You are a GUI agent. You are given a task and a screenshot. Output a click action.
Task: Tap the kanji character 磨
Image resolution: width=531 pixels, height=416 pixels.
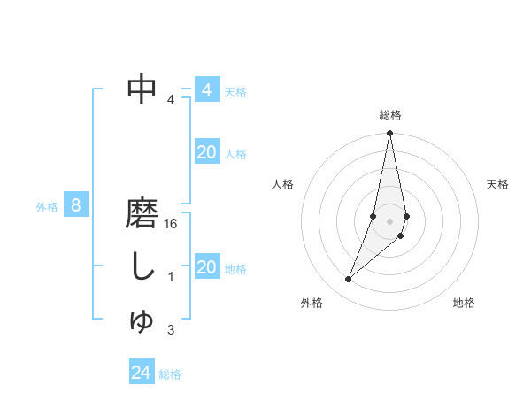click(142, 214)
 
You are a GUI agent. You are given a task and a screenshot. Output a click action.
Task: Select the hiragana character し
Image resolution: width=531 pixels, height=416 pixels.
click(142, 266)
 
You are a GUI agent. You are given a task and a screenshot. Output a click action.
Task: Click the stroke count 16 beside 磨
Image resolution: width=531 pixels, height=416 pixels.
click(172, 226)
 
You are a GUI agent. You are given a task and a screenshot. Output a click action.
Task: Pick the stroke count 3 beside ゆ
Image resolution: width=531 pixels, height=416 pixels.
click(171, 330)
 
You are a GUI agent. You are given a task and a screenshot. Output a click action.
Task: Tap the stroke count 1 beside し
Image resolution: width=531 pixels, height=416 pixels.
click(171, 277)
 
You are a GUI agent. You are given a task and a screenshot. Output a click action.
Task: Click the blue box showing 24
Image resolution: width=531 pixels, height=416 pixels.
click(142, 373)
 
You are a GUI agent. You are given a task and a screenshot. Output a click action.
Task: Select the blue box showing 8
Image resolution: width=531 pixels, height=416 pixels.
click(77, 206)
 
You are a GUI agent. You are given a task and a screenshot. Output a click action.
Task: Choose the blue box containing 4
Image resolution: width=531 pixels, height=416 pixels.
click(207, 89)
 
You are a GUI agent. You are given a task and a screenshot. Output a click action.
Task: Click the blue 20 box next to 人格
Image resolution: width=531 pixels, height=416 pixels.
click(207, 152)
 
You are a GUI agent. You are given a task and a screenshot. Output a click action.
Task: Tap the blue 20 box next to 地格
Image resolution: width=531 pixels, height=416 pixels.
click(207, 267)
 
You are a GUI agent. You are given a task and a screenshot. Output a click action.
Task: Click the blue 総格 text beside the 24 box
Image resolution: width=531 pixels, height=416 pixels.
click(170, 374)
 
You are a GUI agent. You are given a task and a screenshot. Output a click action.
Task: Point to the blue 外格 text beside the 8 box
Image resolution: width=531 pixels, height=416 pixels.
click(47, 207)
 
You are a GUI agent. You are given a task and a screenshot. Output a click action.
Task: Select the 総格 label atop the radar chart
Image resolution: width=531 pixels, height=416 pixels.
click(390, 115)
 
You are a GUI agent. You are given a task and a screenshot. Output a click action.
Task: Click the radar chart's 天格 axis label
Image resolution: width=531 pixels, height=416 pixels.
click(497, 184)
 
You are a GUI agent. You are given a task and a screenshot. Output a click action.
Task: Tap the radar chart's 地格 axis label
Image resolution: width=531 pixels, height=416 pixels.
click(464, 304)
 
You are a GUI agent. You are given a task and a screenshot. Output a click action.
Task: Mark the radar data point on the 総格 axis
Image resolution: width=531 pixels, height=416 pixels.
click(389, 134)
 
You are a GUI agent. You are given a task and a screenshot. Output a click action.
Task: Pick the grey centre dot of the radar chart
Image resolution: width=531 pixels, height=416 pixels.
click(389, 220)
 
